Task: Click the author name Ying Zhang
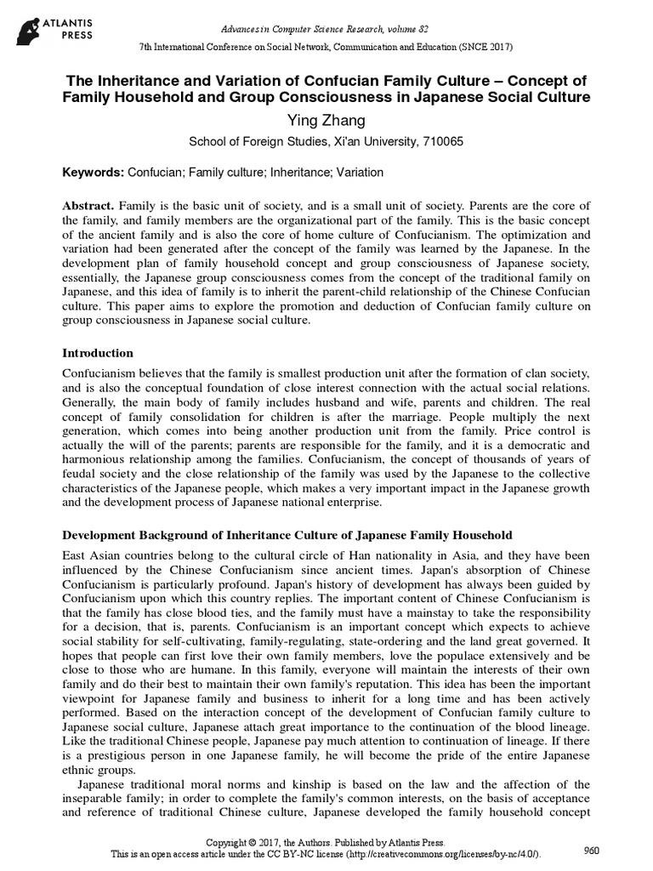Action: (x=326, y=122)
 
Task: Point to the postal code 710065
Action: (x=442, y=142)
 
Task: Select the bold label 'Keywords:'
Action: (x=94, y=173)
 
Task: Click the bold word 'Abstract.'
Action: (x=89, y=208)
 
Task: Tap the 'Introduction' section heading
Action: (x=97, y=353)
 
